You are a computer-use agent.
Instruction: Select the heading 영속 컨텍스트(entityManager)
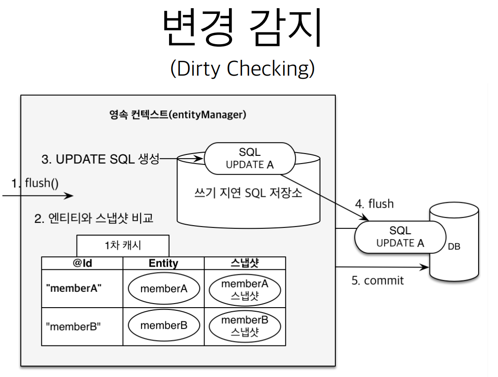coord(178,114)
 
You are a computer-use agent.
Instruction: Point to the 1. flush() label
coord(36,184)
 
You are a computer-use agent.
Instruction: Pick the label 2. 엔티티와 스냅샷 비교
coord(94,219)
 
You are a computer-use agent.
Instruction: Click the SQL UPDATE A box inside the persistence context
coord(249,159)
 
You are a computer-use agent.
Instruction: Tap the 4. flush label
coord(374,204)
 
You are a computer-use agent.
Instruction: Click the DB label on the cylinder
coord(454,247)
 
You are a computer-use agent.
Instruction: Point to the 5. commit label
coord(377,280)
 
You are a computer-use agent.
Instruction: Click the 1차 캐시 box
coord(123,246)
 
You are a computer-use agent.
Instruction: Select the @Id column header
coord(82,263)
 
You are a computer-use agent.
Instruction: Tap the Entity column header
coord(163,263)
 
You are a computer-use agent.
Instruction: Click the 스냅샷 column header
coord(244,263)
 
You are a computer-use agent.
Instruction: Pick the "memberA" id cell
coord(73,289)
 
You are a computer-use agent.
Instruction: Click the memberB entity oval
coord(164,325)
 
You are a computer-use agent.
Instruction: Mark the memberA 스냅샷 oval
coord(244,289)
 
